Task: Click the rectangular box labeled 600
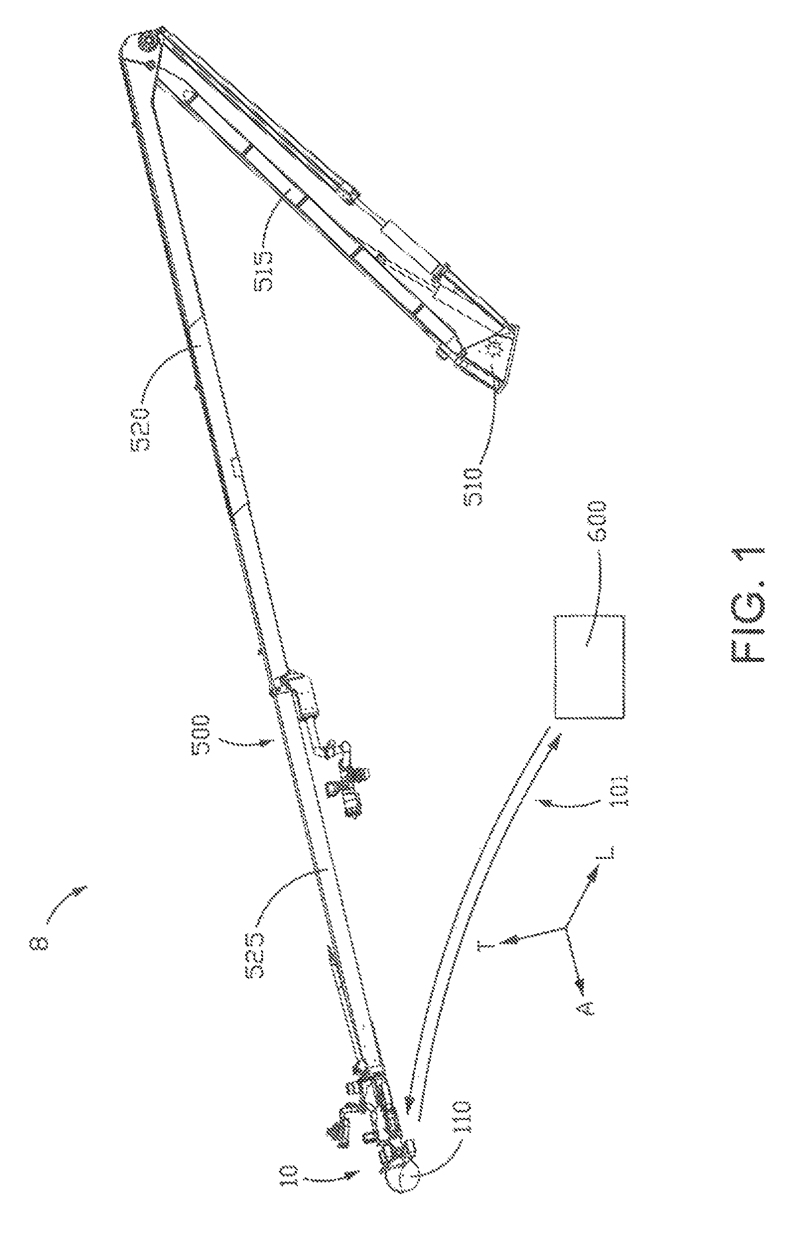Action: coord(589,667)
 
